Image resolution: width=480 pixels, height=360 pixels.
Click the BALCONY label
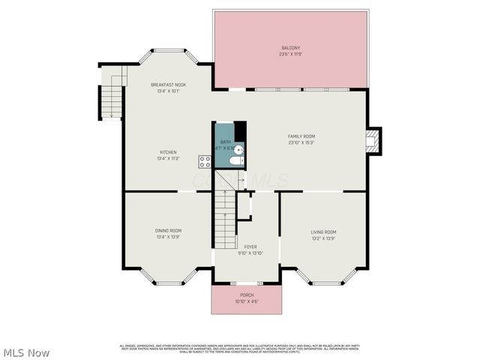(x=290, y=47)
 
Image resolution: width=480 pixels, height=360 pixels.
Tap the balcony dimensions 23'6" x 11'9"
(x=290, y=54)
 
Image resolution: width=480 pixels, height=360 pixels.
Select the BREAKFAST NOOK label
(x=168, y=85)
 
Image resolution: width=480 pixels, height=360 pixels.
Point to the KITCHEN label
(x=167, y=152)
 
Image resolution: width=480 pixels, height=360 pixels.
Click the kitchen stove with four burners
(x=205, y=160)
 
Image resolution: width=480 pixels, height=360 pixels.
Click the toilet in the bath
(x=235, y=160)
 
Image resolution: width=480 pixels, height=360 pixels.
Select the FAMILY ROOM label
(x=301, y=136)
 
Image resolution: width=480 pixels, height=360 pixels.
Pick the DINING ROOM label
(x=168, y=230)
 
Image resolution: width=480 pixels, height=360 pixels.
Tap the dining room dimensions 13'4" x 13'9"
(x=168, y=237)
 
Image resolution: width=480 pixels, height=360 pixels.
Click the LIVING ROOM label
(x=323, y=232)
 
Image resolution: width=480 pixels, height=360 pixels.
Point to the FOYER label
(x=250, y=246)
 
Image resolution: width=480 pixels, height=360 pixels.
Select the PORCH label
(x=246, y=295)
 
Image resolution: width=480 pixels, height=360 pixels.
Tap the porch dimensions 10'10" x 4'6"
(x=246, y=301)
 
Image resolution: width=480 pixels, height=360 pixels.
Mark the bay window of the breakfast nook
(x=168, y=52)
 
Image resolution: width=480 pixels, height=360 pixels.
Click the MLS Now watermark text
(x=26, y=352)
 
